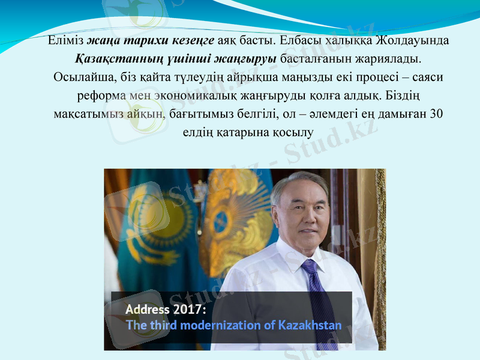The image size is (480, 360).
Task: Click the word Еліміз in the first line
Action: [66, 41]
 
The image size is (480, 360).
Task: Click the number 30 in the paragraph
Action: [437, 113]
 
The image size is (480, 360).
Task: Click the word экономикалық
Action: [192, 95]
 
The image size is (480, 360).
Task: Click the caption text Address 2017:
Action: [166, 310]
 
